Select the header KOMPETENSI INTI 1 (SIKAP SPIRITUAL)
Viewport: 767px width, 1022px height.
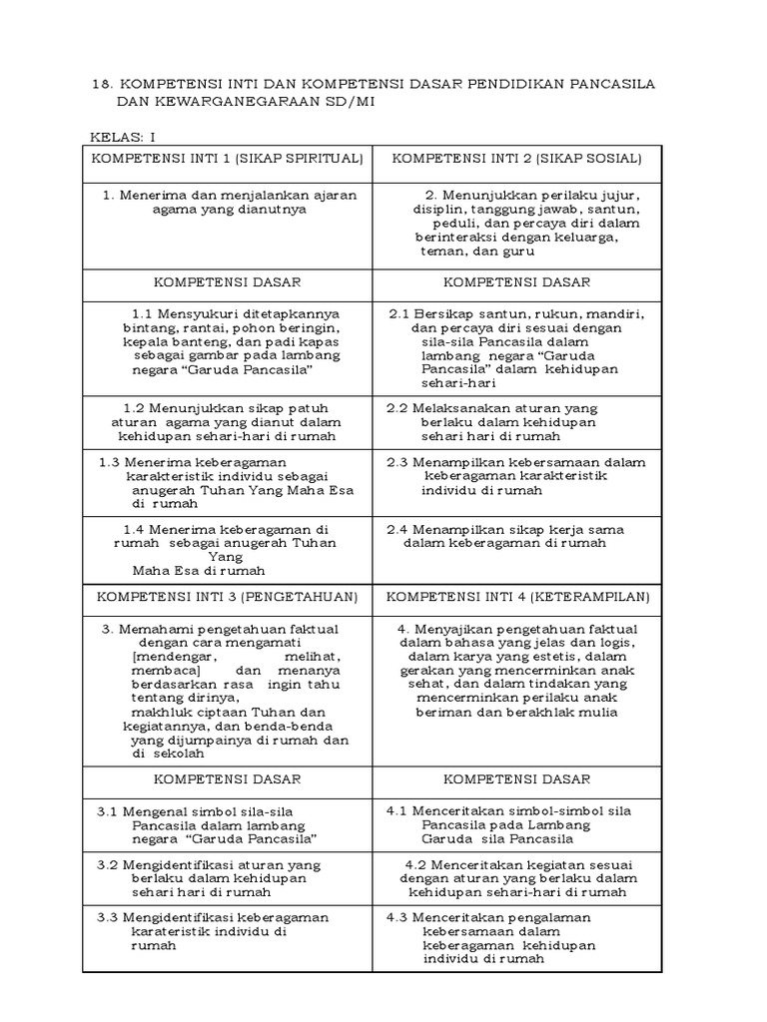227,160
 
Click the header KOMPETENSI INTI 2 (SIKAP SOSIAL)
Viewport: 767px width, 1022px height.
515,160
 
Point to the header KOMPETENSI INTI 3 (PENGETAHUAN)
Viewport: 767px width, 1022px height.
227,597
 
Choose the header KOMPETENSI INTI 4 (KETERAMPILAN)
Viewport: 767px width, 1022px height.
517,597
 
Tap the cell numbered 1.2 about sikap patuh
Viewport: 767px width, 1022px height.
229,422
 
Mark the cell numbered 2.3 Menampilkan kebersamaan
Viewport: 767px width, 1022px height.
515,476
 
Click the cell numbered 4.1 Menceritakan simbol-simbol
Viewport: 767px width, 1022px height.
509,824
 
